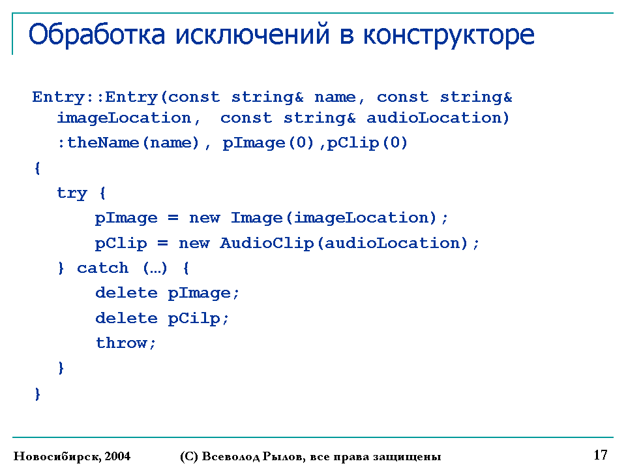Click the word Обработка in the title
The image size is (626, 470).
97,35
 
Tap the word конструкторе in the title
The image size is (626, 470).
449,37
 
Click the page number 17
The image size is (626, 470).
601,455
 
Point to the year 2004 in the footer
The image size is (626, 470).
117,456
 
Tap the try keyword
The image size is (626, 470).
72,193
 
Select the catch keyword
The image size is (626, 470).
102,268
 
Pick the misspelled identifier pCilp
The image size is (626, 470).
194,319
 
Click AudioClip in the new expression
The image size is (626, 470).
267,243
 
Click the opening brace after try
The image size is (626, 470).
102,193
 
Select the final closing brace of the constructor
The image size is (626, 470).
38,394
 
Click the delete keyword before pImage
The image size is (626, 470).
127,293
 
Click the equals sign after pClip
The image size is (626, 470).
163,243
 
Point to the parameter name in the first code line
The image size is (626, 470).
335,97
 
